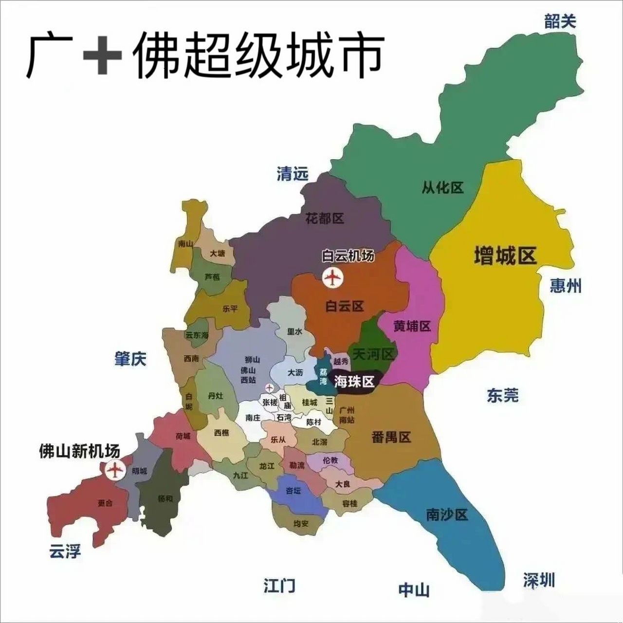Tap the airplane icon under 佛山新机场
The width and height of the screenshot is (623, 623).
(x=115, y=470)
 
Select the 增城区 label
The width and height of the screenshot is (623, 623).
(x=505, y=256)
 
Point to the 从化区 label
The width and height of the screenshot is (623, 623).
(x=442, y=187)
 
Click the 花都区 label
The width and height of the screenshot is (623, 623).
(x=325, y=218)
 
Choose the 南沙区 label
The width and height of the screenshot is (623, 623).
(x=447, y=514)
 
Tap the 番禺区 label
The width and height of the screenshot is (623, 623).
(x=391, y=437)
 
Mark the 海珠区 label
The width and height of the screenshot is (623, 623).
(x=354, y=382)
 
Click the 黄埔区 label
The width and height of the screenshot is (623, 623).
(x=412, y=326)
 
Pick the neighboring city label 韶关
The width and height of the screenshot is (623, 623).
(x=560, y=21)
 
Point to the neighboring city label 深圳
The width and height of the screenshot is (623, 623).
(x=539, y=580)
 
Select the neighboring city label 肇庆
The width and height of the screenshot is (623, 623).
(x=130, y=359)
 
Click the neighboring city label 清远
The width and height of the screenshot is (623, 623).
(x=293, y=174)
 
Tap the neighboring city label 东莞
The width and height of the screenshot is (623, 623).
(x=503, y=395)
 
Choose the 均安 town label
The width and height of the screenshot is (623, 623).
(x=301, y=524)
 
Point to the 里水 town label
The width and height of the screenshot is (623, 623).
(x=294, y=331)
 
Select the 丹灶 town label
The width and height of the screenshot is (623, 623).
(x=215, y=396)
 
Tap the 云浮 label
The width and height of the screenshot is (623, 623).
(x=65, y=551)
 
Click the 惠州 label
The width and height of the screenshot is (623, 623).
(x=566, y=286)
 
